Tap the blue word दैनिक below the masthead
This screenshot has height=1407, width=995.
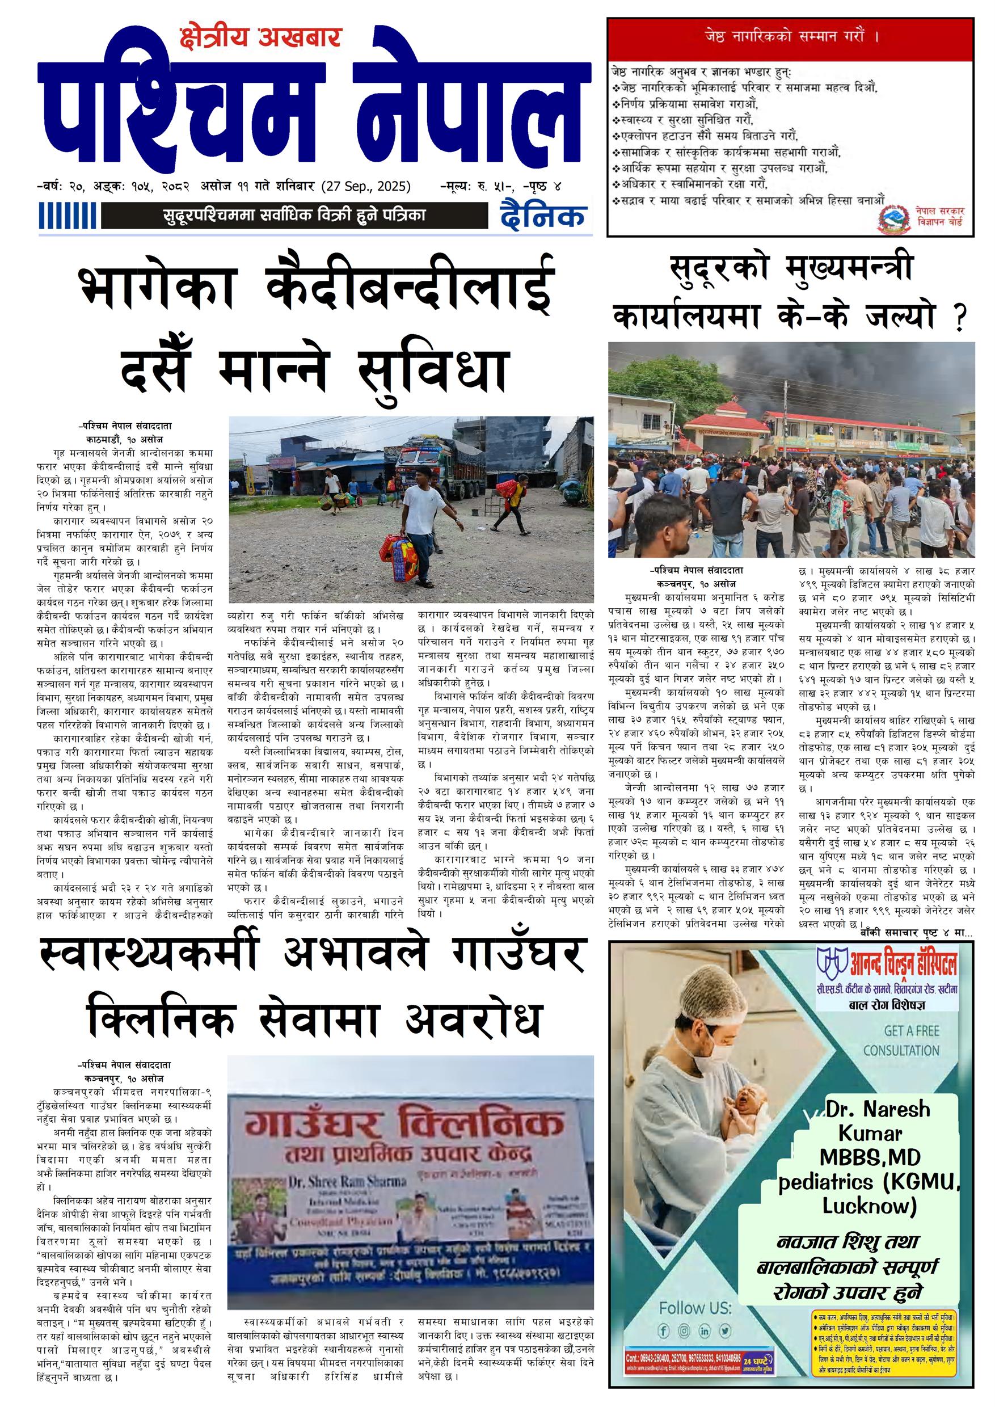[x=542, y=216]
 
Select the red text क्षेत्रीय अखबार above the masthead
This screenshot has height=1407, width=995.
[x=260, y=38]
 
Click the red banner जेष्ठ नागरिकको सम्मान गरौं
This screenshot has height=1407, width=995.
[x=790, y=37]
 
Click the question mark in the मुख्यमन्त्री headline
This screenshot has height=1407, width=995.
[x=959, y=319]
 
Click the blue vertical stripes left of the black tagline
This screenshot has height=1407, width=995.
[x=68, y=216]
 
